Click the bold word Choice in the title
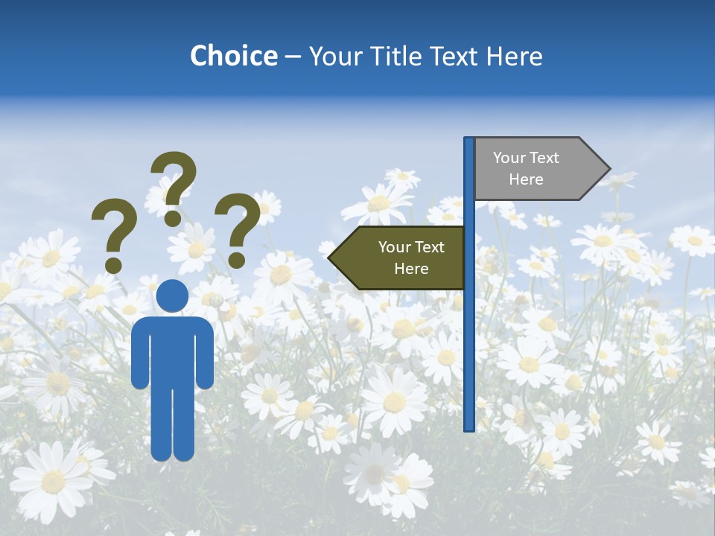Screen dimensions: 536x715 tap(233, 56)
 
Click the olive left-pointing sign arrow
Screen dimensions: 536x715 tap(398, 258)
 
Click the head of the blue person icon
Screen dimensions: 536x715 tap(172, 296)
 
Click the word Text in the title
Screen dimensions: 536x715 tap(453, 56)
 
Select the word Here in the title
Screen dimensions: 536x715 tap(514, 56)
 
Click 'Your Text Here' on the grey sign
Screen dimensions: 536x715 tap(526, 168)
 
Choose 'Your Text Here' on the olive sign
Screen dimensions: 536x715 tap(411, 258)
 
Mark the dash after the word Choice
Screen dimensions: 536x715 tap(293, 57)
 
